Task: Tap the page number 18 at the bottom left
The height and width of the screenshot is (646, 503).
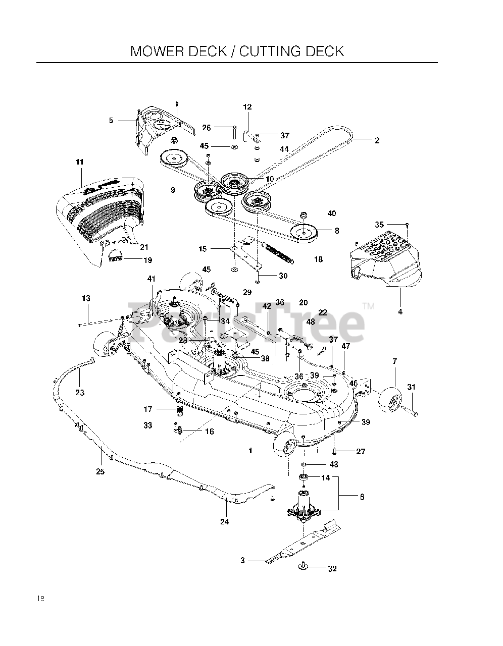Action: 40,599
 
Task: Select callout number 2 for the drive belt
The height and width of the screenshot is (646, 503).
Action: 377,141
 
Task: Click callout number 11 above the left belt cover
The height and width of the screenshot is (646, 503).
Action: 79,162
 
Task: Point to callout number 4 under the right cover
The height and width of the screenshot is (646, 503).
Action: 400,311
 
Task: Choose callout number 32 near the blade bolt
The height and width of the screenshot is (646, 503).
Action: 332,568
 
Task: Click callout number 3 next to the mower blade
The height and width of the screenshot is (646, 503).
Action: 242,560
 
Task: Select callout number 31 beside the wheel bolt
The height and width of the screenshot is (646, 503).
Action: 411,387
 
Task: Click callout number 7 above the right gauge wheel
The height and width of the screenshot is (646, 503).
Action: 394,361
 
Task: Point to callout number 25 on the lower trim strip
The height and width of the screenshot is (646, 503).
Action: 100,471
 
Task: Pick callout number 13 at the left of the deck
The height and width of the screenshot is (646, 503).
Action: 86,298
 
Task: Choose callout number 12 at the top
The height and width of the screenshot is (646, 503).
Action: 247,107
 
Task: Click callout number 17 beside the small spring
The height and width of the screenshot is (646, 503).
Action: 148,409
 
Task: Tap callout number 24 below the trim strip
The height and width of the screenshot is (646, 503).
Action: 224,521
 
